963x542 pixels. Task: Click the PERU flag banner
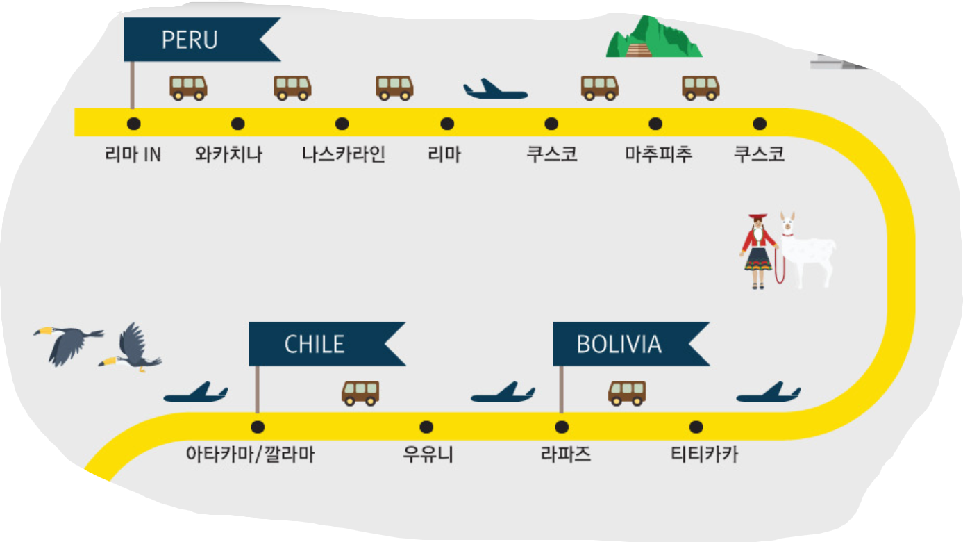point(190,40)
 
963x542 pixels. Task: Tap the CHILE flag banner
point(315,344)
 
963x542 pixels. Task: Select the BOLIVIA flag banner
point(619,344)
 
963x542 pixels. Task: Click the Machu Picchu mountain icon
point(652,38)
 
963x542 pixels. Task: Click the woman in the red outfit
point(758,251)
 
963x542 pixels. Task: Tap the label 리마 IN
point(133,154)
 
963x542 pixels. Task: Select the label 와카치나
point(230,154)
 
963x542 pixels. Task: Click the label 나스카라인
point(343,154)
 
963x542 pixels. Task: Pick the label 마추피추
point(658,154)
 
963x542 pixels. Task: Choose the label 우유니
point(428,456)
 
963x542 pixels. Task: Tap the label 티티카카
point(704,456)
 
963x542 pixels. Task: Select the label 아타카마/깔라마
point(251,456)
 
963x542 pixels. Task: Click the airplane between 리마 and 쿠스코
point(495,90)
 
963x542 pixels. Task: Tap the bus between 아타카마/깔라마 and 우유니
point(360,393)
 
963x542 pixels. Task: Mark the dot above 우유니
point(426,427)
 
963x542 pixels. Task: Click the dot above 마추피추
point(655,124)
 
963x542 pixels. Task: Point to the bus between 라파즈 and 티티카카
point(627,393)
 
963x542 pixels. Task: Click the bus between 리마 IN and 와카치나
point(189,88)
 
